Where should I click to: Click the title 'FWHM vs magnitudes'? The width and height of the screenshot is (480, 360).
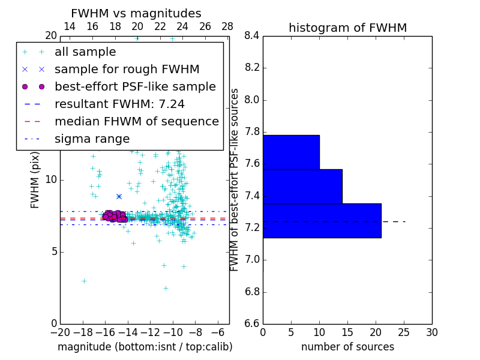[136, 14]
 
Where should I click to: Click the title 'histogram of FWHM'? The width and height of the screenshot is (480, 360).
[347, 28]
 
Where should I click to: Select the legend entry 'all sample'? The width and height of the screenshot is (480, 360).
[85, 52]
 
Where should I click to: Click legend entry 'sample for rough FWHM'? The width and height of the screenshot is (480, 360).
[127, 69]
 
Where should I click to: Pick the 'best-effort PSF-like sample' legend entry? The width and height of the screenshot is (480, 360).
[135, 86]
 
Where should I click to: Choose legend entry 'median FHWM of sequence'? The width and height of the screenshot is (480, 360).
[136, 121]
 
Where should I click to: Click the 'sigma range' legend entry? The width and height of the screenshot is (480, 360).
[92, 139]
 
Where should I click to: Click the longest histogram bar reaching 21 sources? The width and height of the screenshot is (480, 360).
[322, 221]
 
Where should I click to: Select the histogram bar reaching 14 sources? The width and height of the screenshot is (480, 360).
[302, 187]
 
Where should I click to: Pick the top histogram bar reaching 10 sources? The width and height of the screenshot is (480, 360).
[291, 152]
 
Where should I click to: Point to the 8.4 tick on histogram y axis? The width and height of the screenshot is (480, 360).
[252, 36]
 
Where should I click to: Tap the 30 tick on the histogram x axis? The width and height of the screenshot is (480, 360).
[431, 332]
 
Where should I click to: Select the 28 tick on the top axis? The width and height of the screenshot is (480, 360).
[227, 26]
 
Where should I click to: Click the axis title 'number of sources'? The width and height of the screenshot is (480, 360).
[347, 347]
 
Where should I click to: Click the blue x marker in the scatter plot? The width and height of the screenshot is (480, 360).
[119, 196]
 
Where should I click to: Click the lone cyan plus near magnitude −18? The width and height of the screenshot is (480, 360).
[84, 281]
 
